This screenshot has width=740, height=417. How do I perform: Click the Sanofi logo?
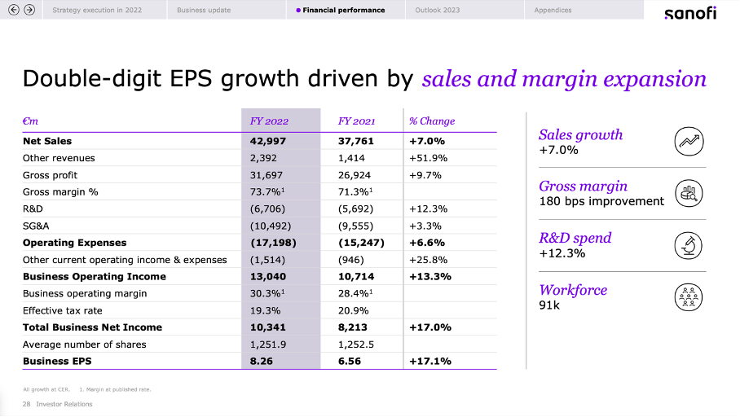click(690, 12)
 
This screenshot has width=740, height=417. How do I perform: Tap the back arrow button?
click(13, 10)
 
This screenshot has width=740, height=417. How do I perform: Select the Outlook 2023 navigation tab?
click(437, 11)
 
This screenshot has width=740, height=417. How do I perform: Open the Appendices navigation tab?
click(553, 11)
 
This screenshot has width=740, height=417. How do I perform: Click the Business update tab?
click(204, 11)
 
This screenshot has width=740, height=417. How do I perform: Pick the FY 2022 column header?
click(269, 121)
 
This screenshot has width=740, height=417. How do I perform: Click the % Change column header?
click(432, 121)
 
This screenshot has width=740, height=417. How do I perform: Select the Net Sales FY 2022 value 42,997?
click(268, 141)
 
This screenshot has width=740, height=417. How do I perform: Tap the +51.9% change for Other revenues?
click(426, 158)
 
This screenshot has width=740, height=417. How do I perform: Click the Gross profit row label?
click(50, 175)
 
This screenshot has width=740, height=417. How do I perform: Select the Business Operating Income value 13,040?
click(268, 276)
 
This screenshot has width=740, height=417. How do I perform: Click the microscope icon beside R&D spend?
click(689, 245)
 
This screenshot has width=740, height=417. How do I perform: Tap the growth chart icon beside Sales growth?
click(689, 142)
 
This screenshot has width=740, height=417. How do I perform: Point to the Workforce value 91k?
click(551, 305)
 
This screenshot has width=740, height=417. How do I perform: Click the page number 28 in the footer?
click(27, 404)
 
